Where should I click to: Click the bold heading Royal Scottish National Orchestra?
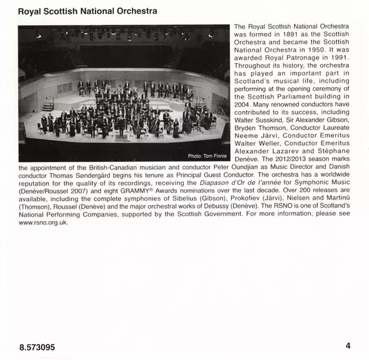(87, 12)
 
